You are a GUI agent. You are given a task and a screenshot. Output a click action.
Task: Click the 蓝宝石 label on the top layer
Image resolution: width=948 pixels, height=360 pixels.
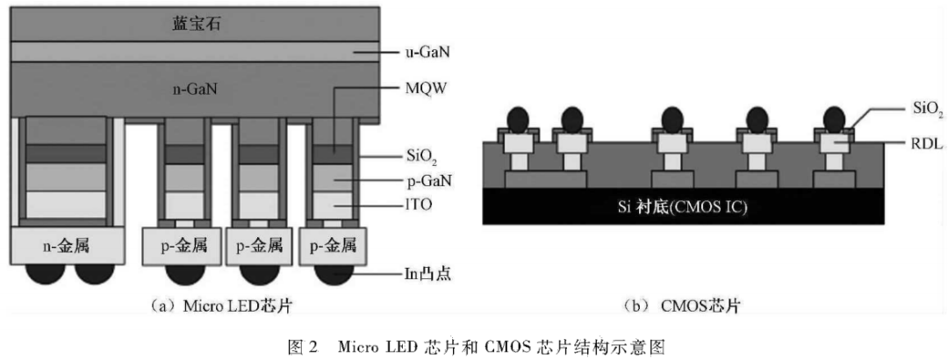197,24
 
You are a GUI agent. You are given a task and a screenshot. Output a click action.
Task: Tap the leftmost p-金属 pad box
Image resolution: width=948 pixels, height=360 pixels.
179,247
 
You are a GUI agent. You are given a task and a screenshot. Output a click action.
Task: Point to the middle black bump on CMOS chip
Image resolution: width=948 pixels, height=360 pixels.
673,118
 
